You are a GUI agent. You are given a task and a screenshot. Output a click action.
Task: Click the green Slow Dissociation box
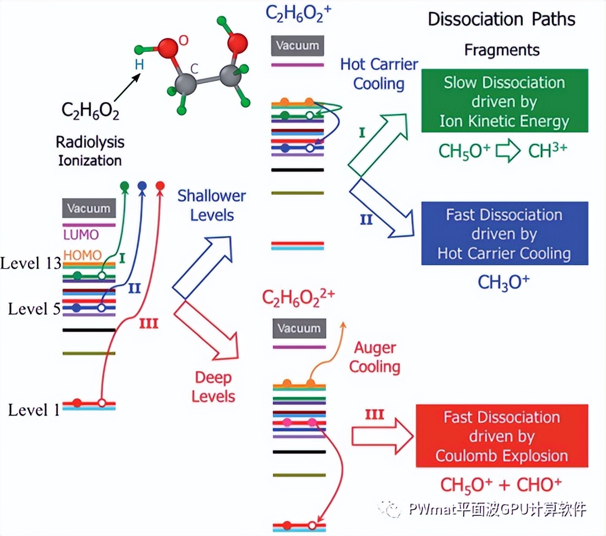tap(504, 100)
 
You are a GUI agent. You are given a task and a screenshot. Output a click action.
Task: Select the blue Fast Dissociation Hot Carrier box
tap(504, 233)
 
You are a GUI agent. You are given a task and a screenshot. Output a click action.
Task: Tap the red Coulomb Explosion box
tap(502, 436)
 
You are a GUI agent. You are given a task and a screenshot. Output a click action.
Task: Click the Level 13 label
tap(30, 264)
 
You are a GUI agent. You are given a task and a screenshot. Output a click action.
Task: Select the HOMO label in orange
tap(83, 255)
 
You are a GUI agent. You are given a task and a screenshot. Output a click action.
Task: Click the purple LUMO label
tap(81, 234)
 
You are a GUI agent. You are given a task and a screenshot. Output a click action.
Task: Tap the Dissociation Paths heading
tap(501, 20)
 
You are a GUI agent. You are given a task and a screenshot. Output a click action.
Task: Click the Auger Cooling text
tap(375, 357)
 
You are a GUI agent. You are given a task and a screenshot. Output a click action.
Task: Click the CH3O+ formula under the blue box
tap(503, 281)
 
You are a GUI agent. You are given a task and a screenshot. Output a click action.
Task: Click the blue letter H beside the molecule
tap(139, 65)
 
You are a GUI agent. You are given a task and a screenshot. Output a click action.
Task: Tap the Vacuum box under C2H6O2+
tap(297, 45)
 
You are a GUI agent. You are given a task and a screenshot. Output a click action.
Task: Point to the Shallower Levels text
tap(211, 205)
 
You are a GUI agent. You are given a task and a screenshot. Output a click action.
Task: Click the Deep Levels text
tap(214, 387)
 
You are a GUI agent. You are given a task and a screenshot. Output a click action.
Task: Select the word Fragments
tap(502, 50)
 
